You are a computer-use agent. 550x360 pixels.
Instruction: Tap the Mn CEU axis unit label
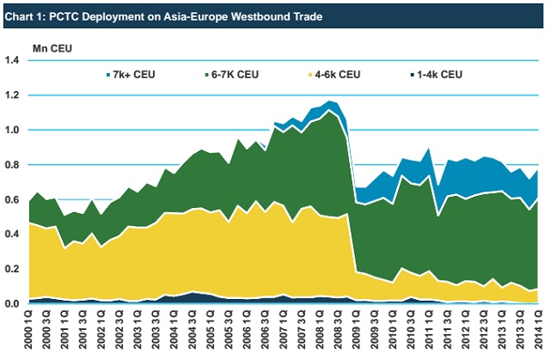click(54, 46)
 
